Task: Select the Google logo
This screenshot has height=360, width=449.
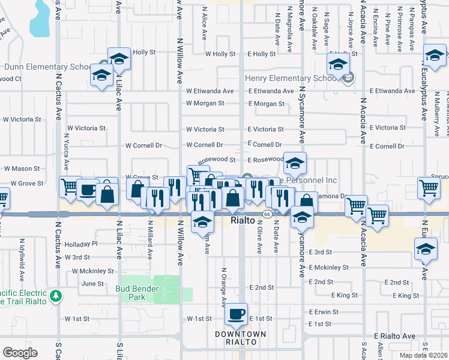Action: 20,353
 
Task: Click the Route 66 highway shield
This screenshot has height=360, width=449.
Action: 265,214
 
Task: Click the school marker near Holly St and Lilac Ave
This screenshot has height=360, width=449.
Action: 119,59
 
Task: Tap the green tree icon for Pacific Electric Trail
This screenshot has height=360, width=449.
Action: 56,295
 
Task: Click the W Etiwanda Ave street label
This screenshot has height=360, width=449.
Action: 209,91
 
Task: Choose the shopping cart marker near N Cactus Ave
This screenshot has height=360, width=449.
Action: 70,188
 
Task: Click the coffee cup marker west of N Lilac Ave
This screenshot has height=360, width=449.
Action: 88,190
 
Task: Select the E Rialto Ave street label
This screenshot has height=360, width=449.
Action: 394,336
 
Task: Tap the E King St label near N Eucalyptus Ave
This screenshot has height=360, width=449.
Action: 406,296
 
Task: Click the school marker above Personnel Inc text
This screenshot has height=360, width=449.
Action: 295,163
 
